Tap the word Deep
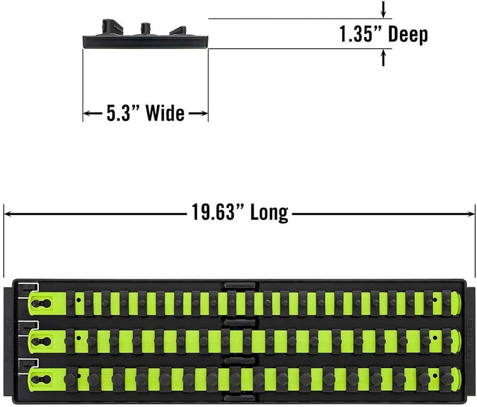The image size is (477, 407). tap(408, 35)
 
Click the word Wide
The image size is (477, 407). tap(165, 113)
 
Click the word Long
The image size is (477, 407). tap(269, 213)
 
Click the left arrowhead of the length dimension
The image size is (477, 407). tap(9, 214)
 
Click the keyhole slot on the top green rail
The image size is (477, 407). tap(41, 303)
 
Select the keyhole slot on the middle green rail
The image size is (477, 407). tap(41, 341)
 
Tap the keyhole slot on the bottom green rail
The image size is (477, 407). tap(41, 379)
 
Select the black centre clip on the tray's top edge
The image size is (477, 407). tap(240, 285)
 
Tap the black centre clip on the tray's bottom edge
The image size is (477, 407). tap(240, 398)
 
